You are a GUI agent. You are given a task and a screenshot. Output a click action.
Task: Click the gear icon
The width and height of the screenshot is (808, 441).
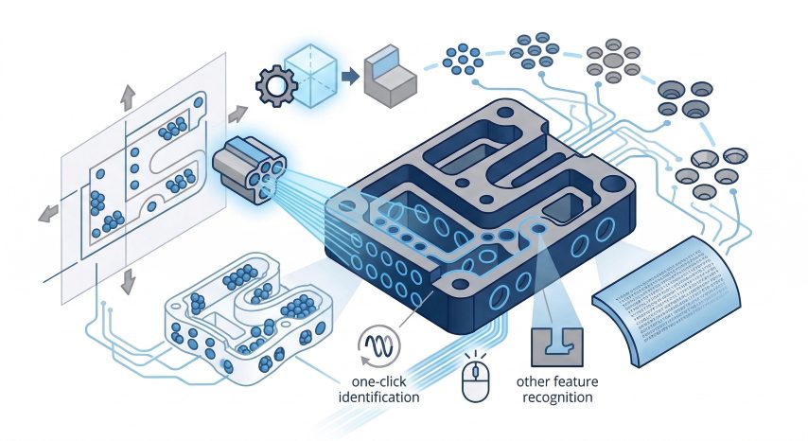(x=275, y=88)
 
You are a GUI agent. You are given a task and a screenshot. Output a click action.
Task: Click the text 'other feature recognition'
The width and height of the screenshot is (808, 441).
(x=555, y=390)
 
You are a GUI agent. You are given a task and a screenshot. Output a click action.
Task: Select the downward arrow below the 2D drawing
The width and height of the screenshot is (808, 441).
(x=128, y=279)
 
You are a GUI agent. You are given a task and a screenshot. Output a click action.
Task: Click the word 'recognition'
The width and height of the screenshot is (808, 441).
(x=555, y=398)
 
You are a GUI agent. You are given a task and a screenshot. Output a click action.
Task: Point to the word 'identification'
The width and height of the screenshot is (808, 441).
(x=378, y=397)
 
